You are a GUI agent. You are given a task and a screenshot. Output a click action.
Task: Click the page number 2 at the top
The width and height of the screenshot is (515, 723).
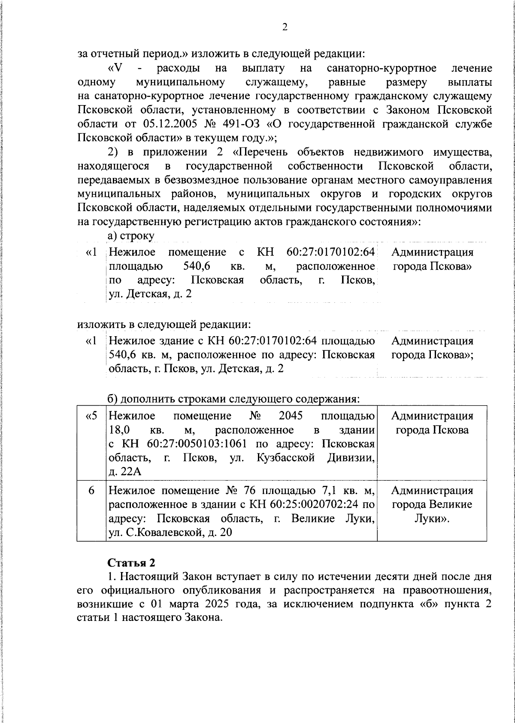point(285,27)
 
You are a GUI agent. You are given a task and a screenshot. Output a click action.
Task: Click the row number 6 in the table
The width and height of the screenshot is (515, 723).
point(91,490)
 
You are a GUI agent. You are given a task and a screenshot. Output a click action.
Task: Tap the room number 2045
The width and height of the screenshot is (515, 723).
point(291,416)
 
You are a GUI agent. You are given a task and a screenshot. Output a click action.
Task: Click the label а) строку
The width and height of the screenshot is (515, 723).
point(131,236)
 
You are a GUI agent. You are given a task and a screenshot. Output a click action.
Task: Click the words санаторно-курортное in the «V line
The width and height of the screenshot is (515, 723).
point(381,68)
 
